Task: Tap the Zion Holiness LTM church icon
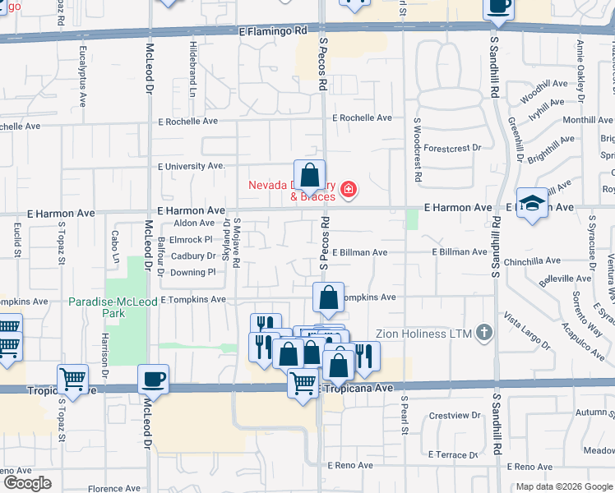pyautogui.click(x=485, y=333)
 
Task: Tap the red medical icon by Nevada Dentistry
pyautogui.click(x=349, y=191)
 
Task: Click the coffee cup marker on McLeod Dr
pyautogui.click(x=154, y=380)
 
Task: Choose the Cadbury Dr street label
pyautogui.click(x=193, y=256)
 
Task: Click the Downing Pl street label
pyautogui.click(x=193, y=272)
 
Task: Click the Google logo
pyautogui.click(x=27, y=483)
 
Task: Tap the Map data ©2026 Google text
pyautogui.click(x=563, y=486)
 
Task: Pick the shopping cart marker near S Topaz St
pyautogui.click(x=73, y=380)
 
